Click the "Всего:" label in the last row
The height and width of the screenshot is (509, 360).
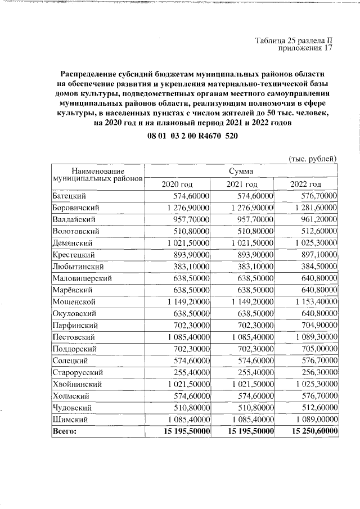tap(64, 431)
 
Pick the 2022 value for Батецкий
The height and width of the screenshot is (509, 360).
tap(316, 195)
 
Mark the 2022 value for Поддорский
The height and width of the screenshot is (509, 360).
tap(316, 349)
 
